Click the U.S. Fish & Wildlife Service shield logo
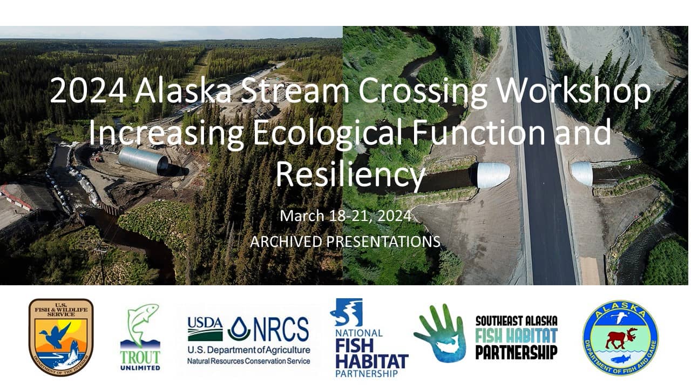[61, 337]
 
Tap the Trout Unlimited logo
[140, 337]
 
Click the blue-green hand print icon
[440, 333]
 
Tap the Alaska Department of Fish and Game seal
[620, 338]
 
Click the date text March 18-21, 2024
[345, 216]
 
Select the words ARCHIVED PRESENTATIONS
[345, 242]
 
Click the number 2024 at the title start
[88, 92]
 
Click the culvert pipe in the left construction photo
[144, 160]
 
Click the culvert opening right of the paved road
[582, 173]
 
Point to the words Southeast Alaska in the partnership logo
[516, 321]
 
